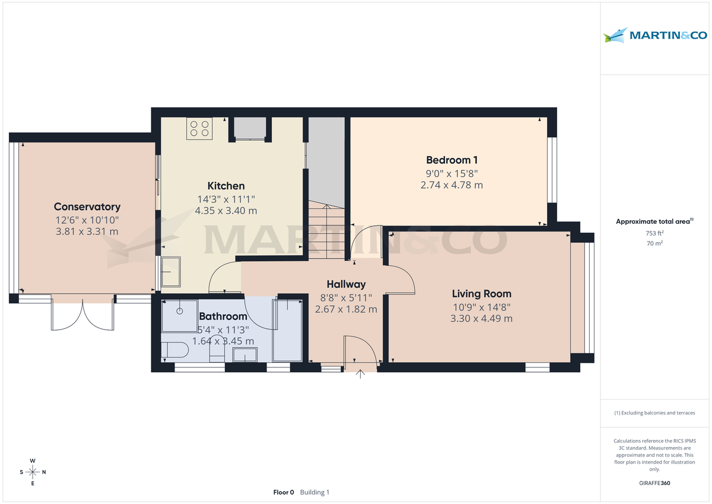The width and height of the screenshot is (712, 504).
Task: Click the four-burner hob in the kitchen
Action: pos(199,129)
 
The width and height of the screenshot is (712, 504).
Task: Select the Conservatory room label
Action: pos(87,207)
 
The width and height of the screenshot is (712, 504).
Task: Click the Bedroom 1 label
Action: pos(452,160)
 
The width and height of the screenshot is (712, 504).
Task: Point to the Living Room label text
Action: pos(481,293)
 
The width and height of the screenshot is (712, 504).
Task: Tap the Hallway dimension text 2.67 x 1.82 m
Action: pos(346,309)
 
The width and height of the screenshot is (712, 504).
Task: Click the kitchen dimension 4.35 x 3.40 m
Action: pos(225,211)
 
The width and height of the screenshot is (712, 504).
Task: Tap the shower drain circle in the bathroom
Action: pos(179,311)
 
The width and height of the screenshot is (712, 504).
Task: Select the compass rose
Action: pos(33,472)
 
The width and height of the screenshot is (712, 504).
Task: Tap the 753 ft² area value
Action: pos(654,233)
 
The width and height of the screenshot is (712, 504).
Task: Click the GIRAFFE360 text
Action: pos(654,483)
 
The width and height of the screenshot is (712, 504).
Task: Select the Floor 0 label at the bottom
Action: pos(283,492)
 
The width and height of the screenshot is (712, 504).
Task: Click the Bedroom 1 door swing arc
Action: pos(365,240)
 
